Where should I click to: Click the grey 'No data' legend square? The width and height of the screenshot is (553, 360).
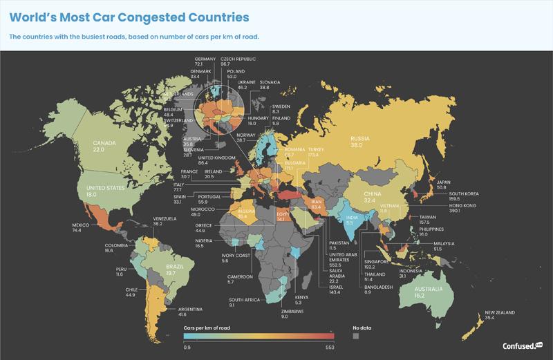(x=356, y=336)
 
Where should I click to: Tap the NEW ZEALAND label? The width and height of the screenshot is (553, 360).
(x=498, y=313)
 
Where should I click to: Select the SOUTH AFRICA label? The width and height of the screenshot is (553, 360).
(x=245, y=299)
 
